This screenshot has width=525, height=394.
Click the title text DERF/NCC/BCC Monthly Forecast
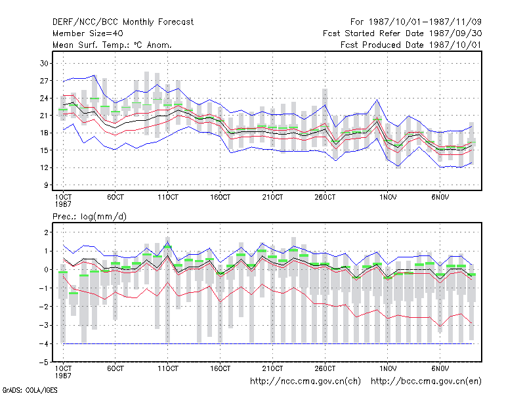pyautogui.click(x=123, y=22)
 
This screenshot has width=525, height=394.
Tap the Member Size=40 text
pyautogui.click(x=88, y=33)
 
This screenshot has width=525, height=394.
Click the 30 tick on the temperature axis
pyautogui.click(x=44, y=63)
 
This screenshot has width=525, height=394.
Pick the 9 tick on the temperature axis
pyautogui.click(x=46, y=185)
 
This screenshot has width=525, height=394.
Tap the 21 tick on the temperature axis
pyautogui.click(x=44, y=116)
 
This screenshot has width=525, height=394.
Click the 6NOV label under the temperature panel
pyautogui.click(x=440, y=198)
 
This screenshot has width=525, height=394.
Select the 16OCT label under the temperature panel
pyautogui.click(x=220, y=198)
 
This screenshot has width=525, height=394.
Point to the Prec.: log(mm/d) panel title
pyautogui.click(x=89, y=217)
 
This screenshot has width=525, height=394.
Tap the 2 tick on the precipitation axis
pyautogui.click(x=46, y=232)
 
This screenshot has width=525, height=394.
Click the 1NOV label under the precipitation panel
pyautogui.click(x=388, y=368)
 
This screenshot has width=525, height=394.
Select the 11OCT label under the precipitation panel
pyautogui.click(x=168, y=368)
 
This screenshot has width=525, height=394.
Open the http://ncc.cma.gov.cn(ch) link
pyautogui.click(x=305, y=382)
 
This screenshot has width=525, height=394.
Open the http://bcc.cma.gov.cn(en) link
pyautogui.click(x=426, y=382)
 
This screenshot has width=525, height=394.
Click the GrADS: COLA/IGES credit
pyautogui.click(x=30, y=390)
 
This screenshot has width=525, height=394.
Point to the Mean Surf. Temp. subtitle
pyautogui.click(x=112, y=45)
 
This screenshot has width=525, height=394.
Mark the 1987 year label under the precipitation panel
pyautogui.click(x=63, y=376)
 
